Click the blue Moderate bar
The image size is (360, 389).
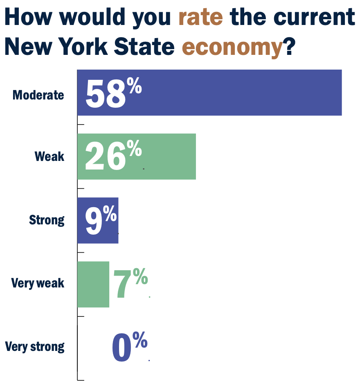point(245,93)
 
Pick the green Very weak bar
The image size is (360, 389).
point(93,284)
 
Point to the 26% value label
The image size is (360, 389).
point(113,156)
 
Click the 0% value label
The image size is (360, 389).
point(129,347)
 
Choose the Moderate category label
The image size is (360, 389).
point(38,95)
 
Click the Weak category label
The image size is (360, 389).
point(49,156)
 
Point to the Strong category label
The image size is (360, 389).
point(47,220)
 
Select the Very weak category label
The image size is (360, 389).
point(38,283)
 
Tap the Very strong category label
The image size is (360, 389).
point(35,347)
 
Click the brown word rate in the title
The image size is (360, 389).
point(201,17)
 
